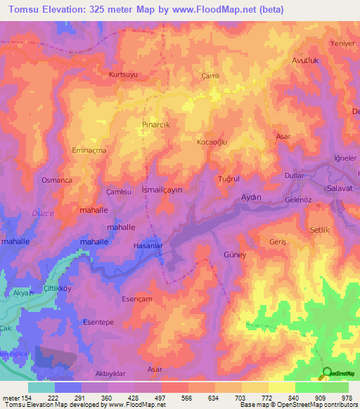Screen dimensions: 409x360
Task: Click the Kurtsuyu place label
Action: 124,74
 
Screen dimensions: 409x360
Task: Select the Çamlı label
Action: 210,77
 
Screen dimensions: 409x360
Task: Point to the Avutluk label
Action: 306,60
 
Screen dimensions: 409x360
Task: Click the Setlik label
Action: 321,230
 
